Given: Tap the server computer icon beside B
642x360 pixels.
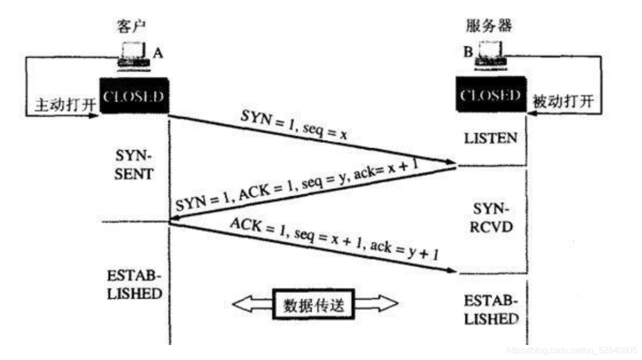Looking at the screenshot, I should coord(489,56).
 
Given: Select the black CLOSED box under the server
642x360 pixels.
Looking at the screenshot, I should coord(491,96).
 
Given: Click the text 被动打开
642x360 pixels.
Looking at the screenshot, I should coord(563,101).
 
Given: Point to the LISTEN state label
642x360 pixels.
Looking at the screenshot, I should coord(490,138).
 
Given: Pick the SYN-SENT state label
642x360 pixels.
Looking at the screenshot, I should coord(133,166).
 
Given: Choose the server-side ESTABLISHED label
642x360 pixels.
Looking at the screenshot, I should coord(491,309).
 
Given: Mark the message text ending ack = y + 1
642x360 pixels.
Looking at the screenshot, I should coord(335,239).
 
